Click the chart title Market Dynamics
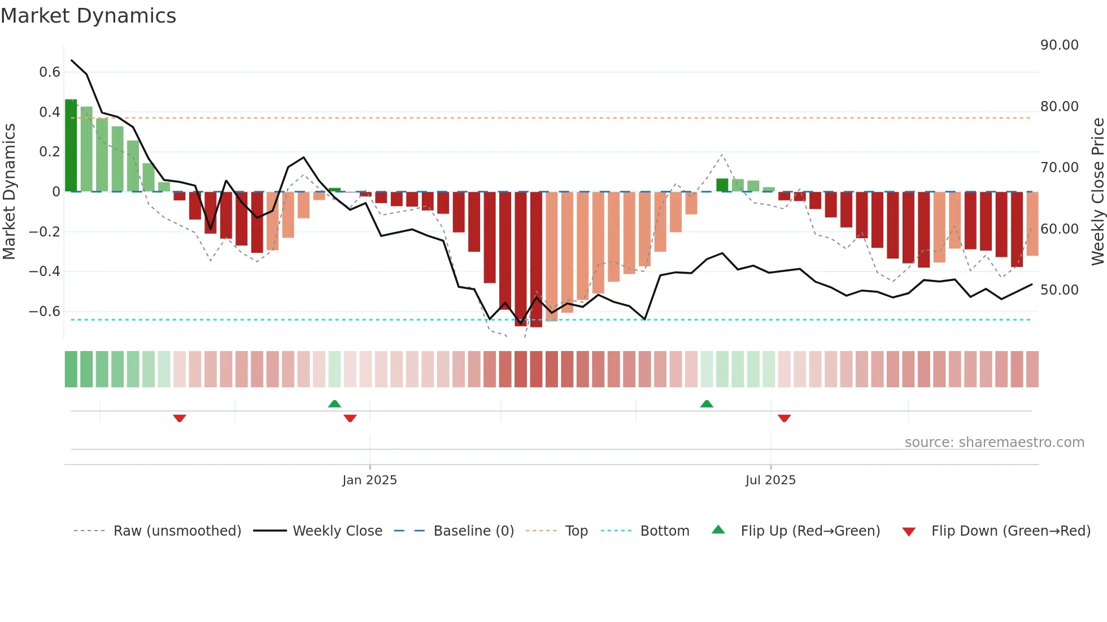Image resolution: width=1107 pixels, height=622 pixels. [x=88, y=16]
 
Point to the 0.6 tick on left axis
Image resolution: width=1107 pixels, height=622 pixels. [x=50, y=72]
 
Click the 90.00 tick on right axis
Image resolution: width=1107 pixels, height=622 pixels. [x=1059, y=45]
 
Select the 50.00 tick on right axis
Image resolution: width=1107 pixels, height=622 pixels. [x=1059, y=290]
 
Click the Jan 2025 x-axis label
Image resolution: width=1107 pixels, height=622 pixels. [x=369, y=480]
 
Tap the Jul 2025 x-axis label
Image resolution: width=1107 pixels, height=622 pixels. [x=770, y=480]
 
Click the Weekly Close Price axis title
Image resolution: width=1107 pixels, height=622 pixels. [x=1097, y=192]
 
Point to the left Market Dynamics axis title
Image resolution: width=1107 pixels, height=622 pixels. [x=9, y=192]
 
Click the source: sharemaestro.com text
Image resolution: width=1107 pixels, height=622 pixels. [x=994, y=443]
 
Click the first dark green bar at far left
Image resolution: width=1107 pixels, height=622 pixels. [x=71, y=146]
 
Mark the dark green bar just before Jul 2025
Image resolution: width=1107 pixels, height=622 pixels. [x=722, y=185]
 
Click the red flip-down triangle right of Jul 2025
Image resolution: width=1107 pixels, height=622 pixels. [x=784, y=418]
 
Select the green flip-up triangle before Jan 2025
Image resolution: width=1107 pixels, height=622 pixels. [x=334, y=404]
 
